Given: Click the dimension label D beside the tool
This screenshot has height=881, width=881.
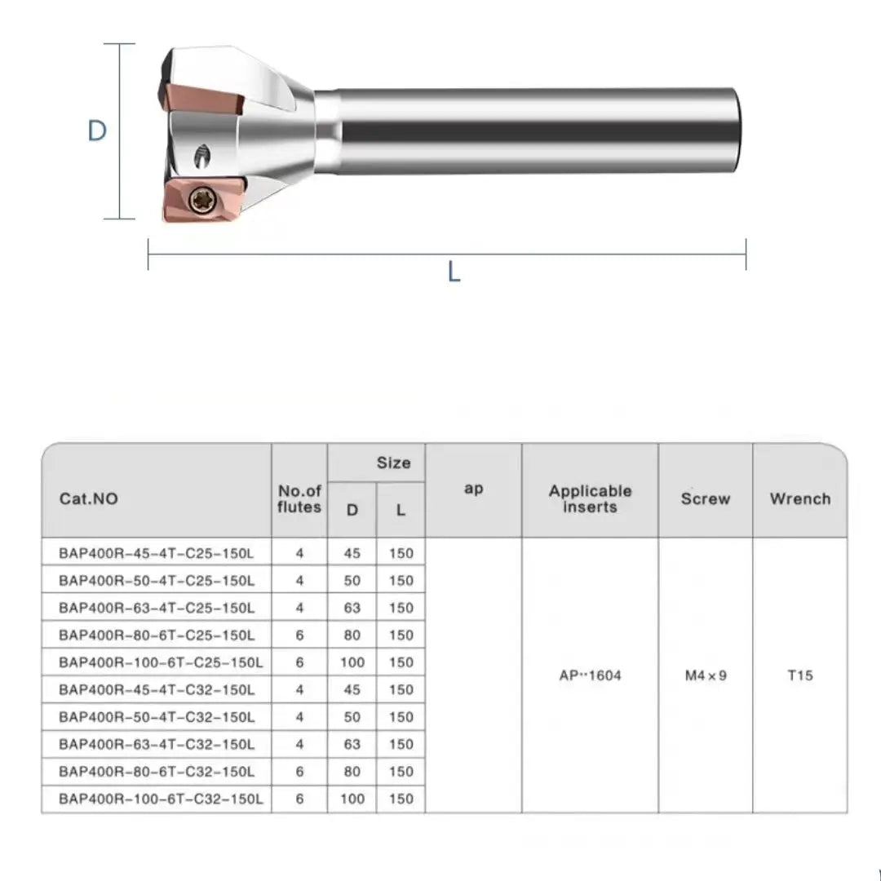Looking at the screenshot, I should [97, 131].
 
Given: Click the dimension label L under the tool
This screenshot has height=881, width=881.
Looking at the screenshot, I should [454, 272].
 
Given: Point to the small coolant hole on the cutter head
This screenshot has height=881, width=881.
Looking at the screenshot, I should [202, 154].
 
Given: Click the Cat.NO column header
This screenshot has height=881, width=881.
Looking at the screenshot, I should [89, 498].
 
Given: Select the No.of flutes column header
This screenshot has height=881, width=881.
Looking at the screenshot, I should [299, 498].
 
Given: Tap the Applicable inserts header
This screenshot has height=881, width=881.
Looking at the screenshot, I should [590, 498].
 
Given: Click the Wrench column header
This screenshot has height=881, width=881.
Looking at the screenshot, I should [799, 498].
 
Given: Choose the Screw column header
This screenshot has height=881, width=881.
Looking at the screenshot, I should [705, 498].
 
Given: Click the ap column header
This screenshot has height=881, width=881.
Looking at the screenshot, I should [473, 489].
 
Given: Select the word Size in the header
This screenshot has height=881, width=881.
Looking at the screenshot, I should [393, 463].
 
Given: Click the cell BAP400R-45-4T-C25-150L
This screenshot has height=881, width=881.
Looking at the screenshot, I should [157, 553].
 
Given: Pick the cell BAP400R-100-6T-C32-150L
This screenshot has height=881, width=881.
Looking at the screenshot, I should [161, 799].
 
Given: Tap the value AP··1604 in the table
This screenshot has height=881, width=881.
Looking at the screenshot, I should [590, 675].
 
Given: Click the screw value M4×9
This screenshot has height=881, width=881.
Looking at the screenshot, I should [705, 675].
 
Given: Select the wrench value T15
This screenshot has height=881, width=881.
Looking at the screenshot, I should [799, 675].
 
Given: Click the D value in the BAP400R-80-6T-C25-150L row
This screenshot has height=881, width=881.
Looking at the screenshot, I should [352, 635].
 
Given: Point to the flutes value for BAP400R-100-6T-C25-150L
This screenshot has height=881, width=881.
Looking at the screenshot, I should [299, 662].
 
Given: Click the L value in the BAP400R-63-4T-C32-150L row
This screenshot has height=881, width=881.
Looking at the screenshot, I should [401, 744].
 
